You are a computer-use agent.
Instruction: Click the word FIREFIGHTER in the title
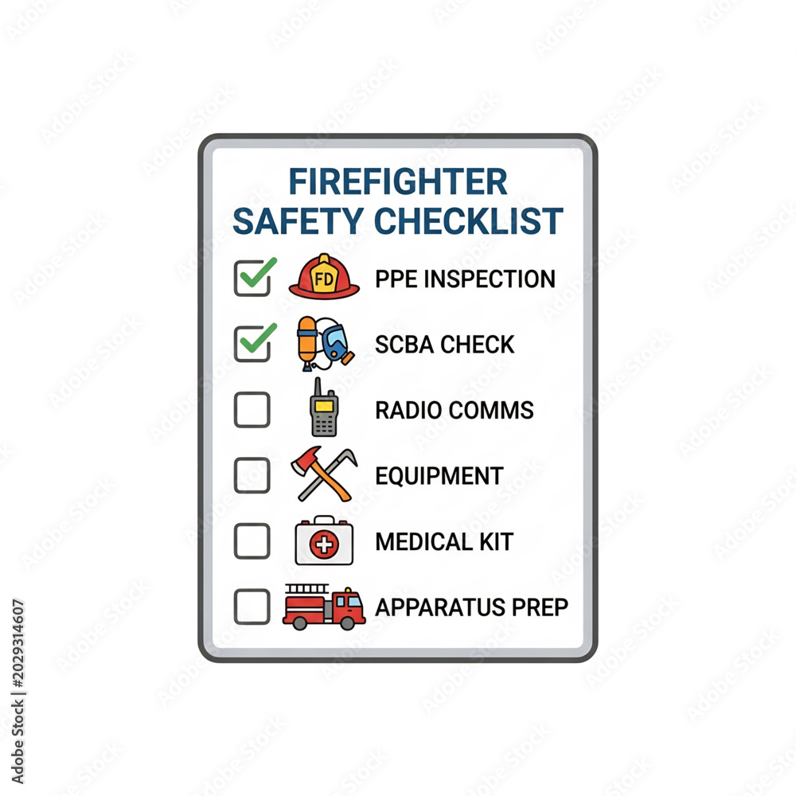click(398, 181)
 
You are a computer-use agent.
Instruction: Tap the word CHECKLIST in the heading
click(469, 220)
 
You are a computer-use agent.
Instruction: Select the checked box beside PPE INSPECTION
click(252, 278)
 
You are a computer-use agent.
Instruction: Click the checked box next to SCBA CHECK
click(252, 344)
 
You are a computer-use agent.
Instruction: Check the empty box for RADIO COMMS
click(252, 410)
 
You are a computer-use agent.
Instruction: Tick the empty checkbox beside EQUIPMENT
click(252, 475)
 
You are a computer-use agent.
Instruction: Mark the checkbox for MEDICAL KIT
click(252, 541)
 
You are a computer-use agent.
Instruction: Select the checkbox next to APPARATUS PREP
click(252, 607)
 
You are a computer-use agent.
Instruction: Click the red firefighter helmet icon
click(324, 277)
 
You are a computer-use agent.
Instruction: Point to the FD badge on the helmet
click(324, 278)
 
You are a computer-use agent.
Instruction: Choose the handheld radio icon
click(324, 407)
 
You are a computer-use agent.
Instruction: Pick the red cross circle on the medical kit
click(324, 545)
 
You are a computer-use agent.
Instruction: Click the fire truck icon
click(324, 607)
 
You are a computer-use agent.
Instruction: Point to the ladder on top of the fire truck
click(306, 589)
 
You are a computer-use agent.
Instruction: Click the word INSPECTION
click(490, 279)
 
